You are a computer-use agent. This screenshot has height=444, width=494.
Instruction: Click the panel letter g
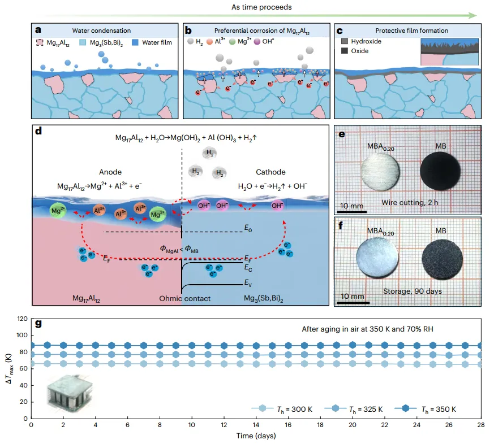click(x=38, y=324)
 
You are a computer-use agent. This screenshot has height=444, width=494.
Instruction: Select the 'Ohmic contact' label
click(x=182, y=298)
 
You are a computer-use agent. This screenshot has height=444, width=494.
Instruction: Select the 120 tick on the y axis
click(x=21, y=319)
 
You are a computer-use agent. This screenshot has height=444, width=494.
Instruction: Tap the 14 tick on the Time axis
click(x=257, y=424)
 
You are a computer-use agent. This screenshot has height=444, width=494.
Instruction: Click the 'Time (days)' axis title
click(x=257, y=436)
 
